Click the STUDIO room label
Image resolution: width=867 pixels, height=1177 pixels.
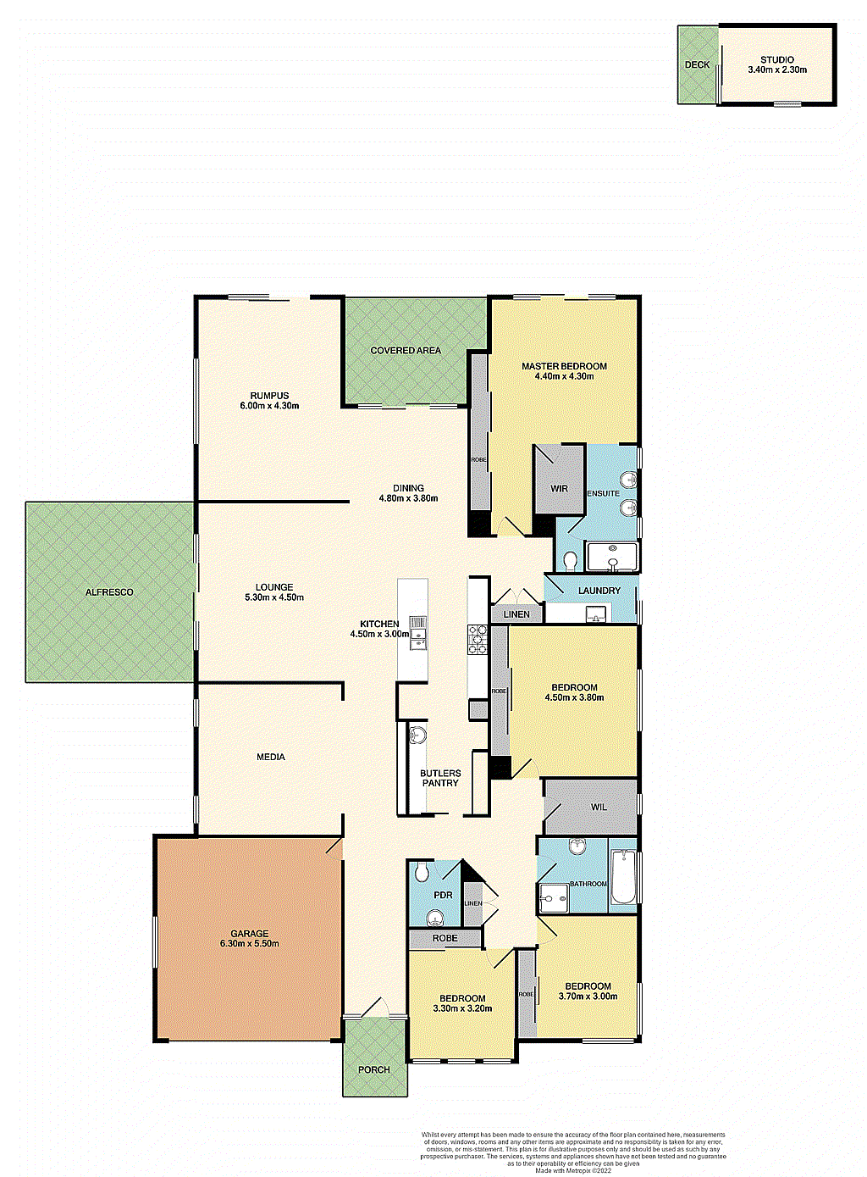tap(776, 59)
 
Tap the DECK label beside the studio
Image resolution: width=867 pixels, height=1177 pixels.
tap(697, 64)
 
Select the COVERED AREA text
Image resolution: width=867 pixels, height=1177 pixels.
tap(406, 350)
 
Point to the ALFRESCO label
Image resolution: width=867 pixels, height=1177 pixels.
tap(109, 592)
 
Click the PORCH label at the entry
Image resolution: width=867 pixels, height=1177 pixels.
tap(373, 1069)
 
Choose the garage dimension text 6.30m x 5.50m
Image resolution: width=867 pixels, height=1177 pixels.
tap(249, 943)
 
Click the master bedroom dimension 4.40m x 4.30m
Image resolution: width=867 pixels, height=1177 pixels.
tap(564, 376)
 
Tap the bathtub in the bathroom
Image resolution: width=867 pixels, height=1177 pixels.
tap(623, 878)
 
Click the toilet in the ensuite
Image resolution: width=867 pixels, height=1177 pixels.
tap(570, 560)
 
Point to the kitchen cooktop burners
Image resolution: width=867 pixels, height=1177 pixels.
tap(477, 639)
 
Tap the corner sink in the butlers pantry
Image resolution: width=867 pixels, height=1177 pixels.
tap(417, 734)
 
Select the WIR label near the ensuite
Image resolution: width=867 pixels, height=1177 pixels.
tap(559, 489)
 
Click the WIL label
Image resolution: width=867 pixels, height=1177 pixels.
tap(599, 808)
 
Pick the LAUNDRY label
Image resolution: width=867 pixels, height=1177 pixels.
tap(599, 591)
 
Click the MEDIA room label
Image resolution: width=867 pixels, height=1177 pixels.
tap(271, 757)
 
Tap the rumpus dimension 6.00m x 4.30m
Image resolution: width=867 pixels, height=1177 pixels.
tap(269, 406)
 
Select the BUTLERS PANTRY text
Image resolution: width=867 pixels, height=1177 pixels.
tap(440, 778)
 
